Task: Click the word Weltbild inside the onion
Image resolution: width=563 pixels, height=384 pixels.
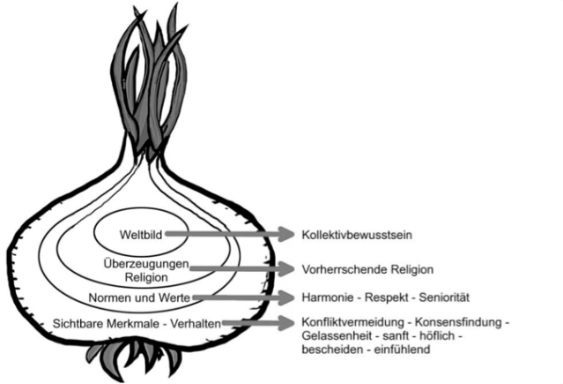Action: coord(142,234)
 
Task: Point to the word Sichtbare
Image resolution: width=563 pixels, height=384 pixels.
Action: coord(78,323)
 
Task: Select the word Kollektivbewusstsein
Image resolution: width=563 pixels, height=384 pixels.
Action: coord(355,235)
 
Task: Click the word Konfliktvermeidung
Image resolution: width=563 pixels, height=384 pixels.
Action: coord(345,320)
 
